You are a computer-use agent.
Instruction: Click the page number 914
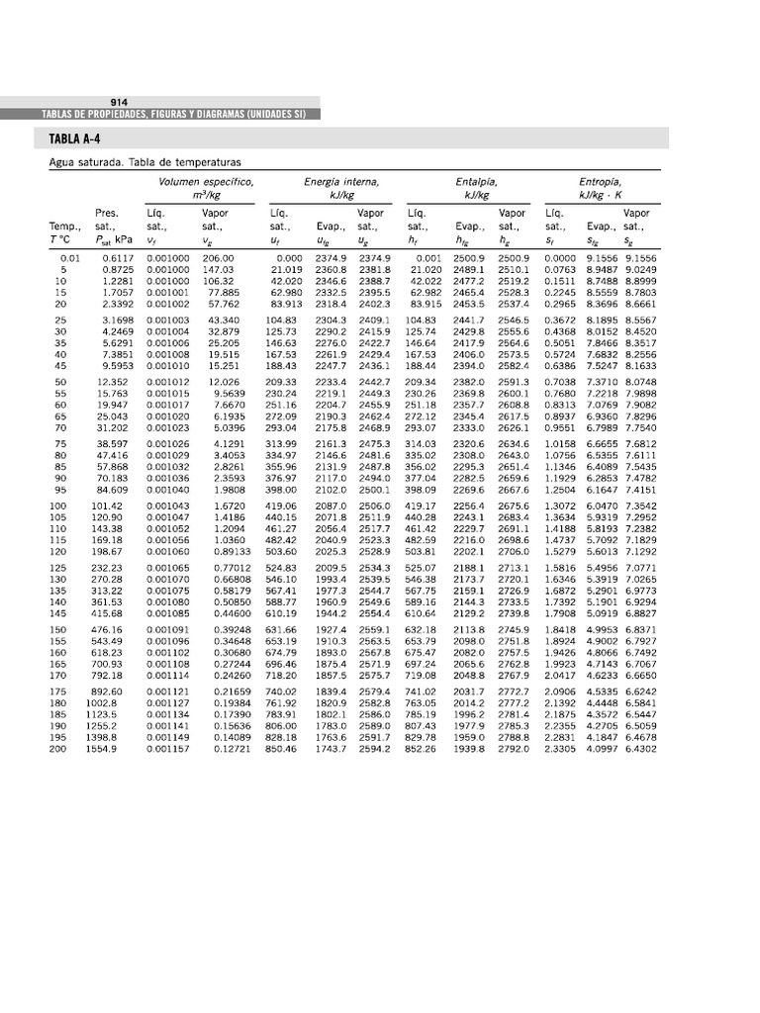[x=119, y=103]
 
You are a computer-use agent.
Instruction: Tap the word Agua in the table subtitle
[x=63, y=161]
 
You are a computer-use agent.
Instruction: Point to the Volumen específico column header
[x=206, y=183]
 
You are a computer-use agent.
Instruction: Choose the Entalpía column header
[x=476, y=183]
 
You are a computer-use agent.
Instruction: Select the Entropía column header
[x=600, y=183]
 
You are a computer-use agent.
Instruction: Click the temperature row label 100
[x=57, y=506]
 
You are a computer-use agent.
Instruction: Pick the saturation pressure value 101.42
[x=107, y=506]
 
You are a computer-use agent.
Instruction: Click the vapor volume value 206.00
[x=218, y=258]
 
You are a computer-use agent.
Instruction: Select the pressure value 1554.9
[x=107, y=749]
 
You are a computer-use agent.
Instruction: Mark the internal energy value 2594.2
[x=373, y=749]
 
